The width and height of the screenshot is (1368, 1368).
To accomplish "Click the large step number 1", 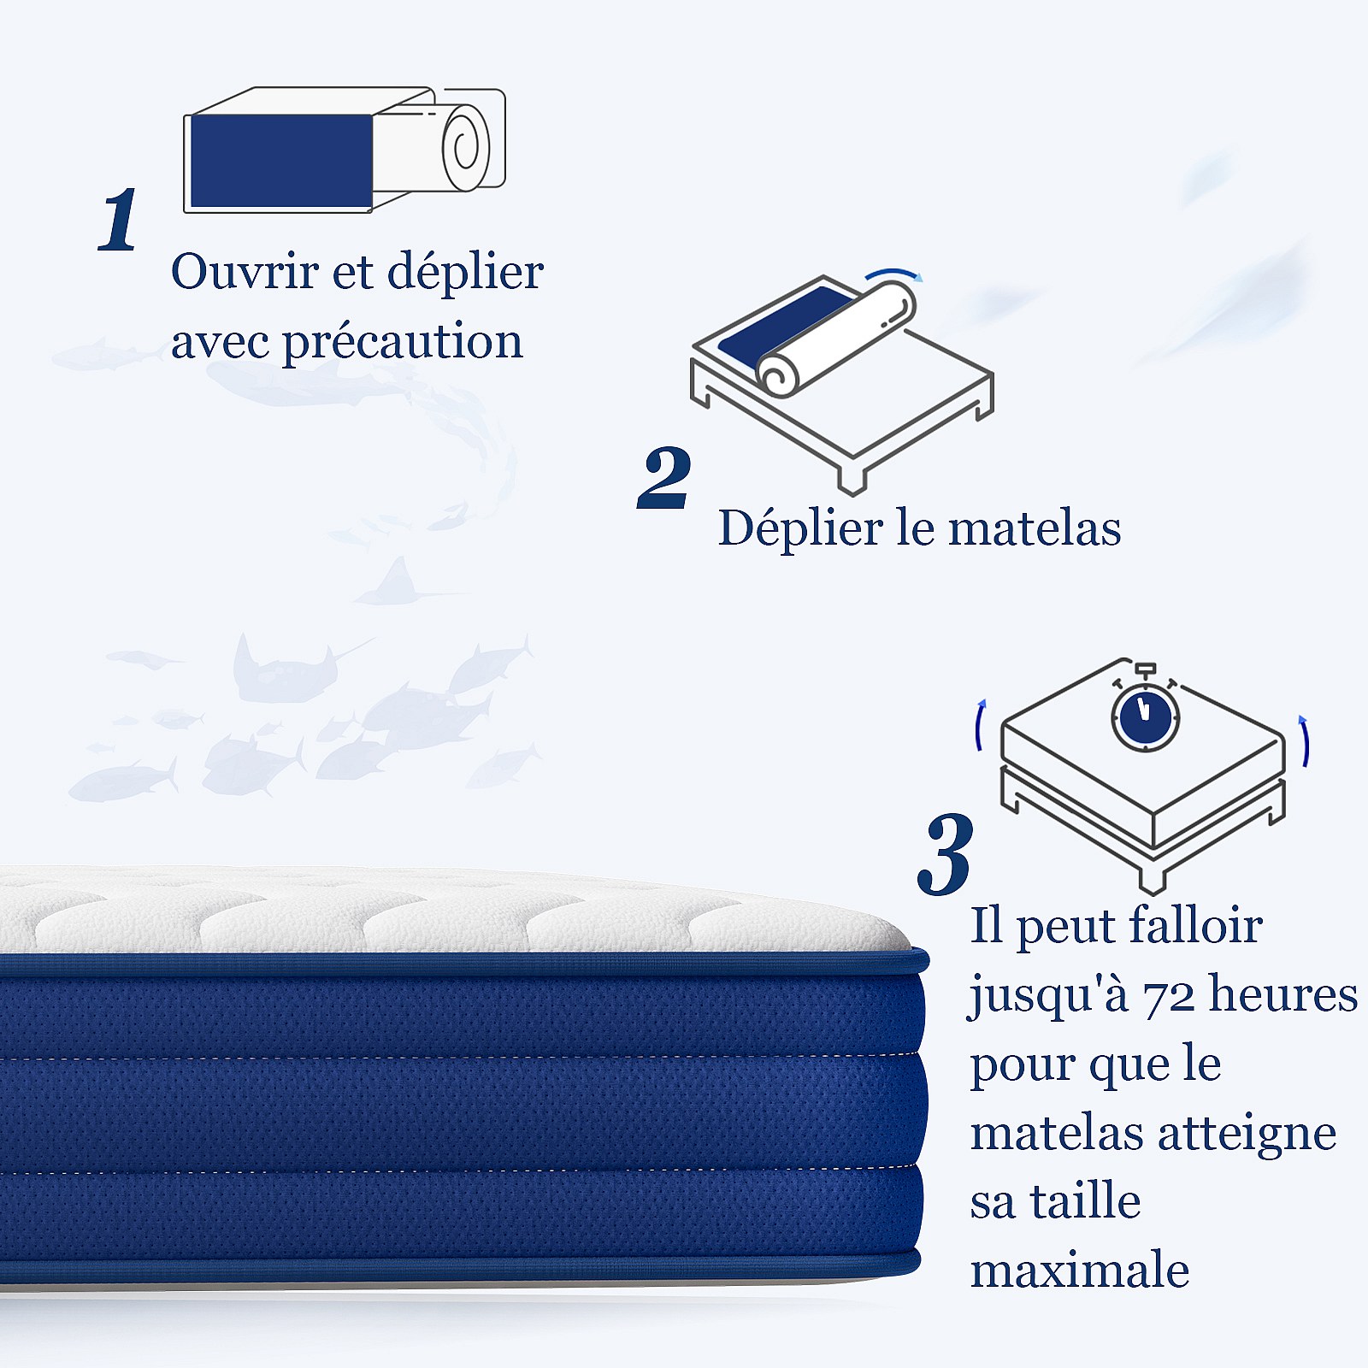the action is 119,220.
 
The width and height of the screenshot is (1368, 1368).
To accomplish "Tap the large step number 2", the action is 664,478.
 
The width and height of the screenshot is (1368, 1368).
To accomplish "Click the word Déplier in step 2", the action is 801,528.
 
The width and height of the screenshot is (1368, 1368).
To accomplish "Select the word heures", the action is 1283,994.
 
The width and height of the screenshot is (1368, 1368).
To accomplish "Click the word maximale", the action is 1080,1271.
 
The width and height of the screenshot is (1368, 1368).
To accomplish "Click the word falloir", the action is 1194,925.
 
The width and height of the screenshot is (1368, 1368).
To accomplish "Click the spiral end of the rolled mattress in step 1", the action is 466,149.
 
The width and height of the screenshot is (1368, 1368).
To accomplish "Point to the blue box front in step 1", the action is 280,161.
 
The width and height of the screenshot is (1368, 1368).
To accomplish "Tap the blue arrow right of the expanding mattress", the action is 1306,740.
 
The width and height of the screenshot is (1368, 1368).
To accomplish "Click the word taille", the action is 1085,1201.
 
